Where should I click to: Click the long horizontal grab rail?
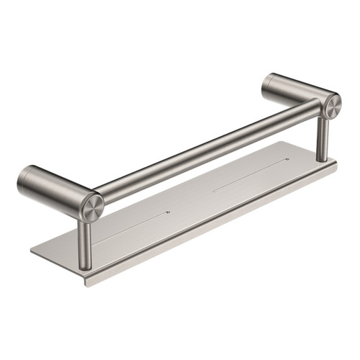tap(209, 153)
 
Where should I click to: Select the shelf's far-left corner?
tap(32, 253)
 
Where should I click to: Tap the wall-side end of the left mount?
tap(23, 179)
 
